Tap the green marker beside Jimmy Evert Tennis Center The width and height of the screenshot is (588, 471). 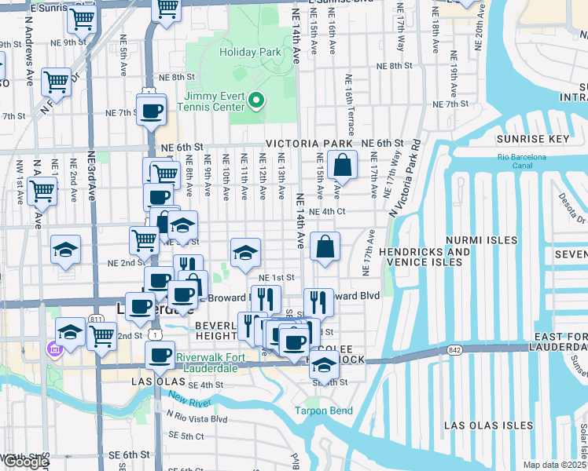tap(257, 100)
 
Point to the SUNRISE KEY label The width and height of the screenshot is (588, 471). tap(534, 139)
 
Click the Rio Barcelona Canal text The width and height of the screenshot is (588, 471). tap(521, 162)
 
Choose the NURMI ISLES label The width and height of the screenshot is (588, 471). tap(482, 240)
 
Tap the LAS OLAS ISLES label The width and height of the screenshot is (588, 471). tap(489, 425)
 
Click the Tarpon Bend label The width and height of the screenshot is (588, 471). tap(323, 411)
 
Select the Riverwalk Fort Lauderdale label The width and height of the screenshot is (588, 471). tap(222, 363)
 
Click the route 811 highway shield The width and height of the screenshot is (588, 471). tap(95, 319)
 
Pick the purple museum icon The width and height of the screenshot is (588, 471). tap(53, 348)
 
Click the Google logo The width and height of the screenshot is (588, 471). tap(25, 461)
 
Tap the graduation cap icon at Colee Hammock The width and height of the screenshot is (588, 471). tap(324, 365)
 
